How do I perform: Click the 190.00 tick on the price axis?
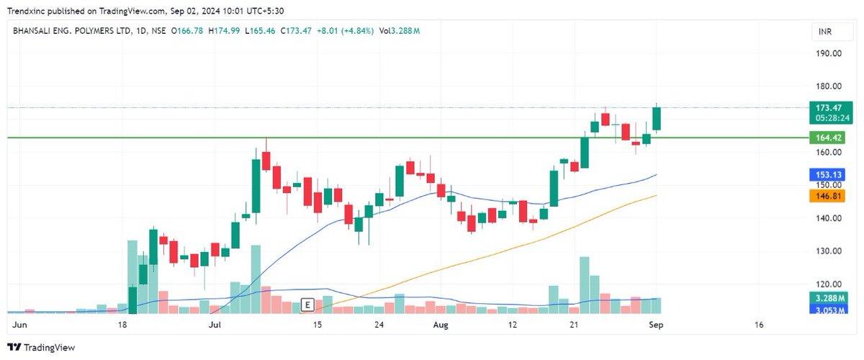point(828,53)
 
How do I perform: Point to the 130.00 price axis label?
point(828,251)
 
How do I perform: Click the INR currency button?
point(824,32)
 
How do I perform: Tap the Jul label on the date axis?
point(215,325)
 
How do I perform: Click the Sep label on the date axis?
point(657,325)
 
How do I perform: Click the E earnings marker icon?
point(307,305)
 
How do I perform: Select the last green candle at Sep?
point(657,119)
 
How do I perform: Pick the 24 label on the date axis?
point(378,325)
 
